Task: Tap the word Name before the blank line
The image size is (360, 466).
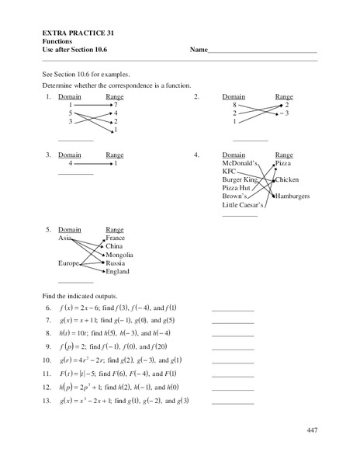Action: (x=199, y=50)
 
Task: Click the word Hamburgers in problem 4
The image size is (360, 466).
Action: (x=292, y=196)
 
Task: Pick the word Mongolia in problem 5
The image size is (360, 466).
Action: (x=119, y=255)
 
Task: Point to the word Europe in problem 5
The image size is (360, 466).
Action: (x=70, y=263)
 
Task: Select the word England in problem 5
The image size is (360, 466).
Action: (x=118, y=272)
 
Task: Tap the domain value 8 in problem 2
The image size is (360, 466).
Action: (x=234, y=104)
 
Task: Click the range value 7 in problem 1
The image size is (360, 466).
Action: (x=115, y=104)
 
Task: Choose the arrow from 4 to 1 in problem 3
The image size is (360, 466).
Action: (x=92, y=164)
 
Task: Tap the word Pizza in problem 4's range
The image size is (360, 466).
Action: (x=283, y=164)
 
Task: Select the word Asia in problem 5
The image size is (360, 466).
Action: (x=66, y=238)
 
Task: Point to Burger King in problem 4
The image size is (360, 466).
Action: (x=241, y=179)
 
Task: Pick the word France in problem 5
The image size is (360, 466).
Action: (x=116, y=238)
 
